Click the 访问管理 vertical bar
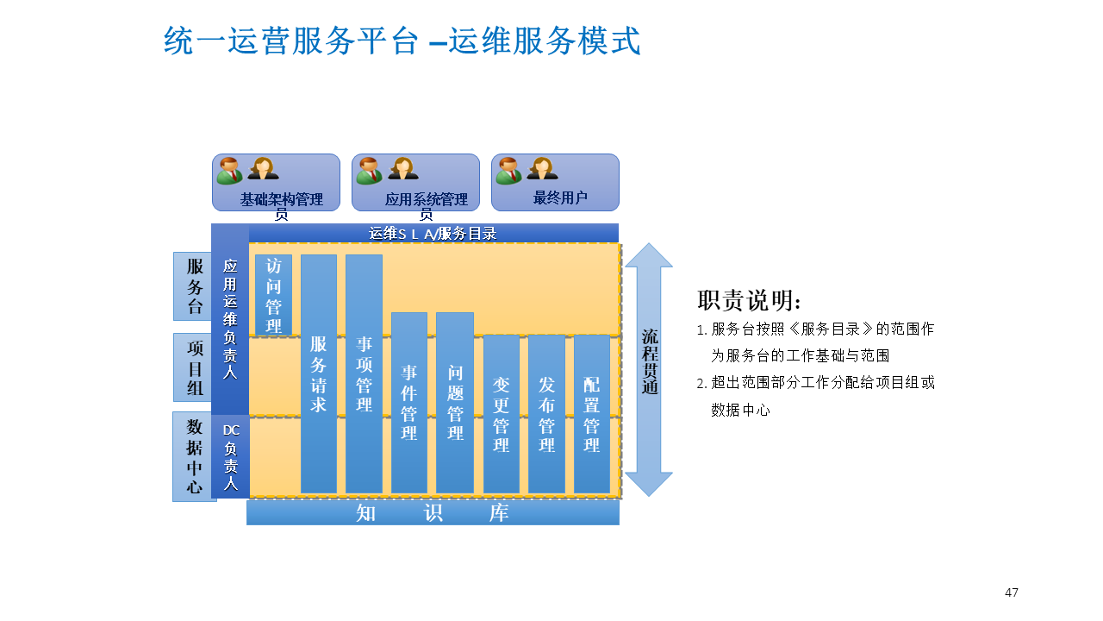coord(273,295)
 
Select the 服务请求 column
coord(318,373)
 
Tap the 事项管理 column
coord(364,373)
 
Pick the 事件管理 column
coord(409,402)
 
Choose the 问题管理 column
coord(455,402)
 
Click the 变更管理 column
coord(501,413)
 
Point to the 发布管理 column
coord(546,413)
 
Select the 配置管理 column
coord(591,413)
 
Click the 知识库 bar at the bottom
coord(433,512)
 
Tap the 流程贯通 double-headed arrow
coord(649,369)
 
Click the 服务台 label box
coord(195,286)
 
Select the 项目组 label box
coord(195,367)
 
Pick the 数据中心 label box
coord(195,456)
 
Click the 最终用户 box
coord(555,182)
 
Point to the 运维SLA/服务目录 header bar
coord(433,233)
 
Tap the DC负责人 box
coord(230,456)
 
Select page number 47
coord(1012,593)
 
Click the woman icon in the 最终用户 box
coord(542,168)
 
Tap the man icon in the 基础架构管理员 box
coord(228,171)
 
